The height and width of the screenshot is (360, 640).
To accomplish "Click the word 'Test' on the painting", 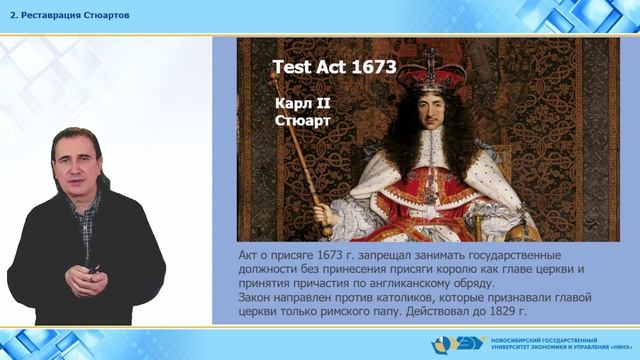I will coord(292,68).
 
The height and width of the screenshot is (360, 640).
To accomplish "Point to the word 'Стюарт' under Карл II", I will coord(301,122).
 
